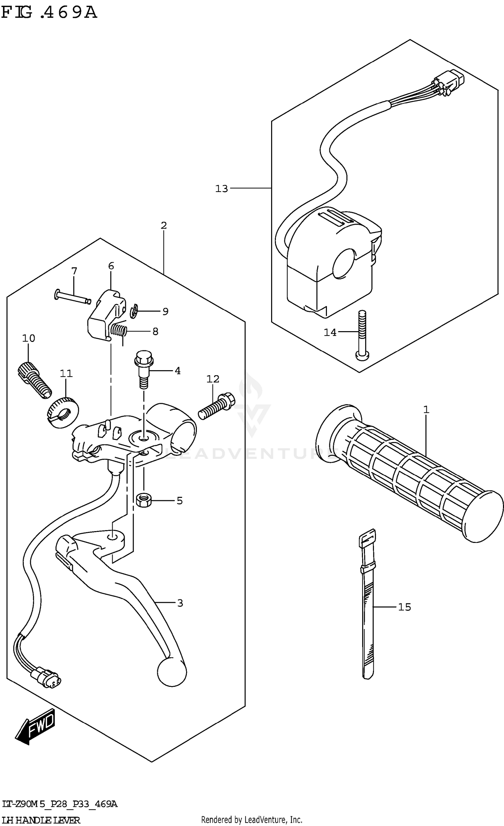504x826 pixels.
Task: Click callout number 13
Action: (221, 189)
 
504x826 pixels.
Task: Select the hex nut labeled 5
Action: (144, 501)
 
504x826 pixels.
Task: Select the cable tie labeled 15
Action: (367, 605)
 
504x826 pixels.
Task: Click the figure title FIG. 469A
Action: (49, 13)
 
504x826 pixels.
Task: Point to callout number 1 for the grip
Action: (426, 409)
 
